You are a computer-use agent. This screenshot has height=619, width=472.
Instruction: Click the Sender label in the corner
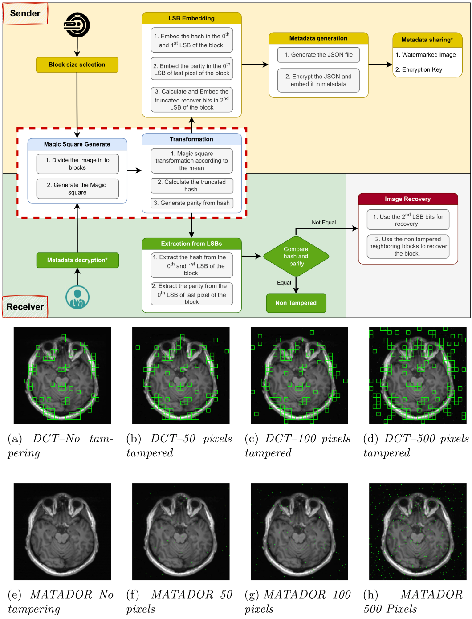[25, 13]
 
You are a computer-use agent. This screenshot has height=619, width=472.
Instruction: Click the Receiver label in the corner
[25, 307]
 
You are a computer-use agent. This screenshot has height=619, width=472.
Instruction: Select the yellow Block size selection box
[77, 65]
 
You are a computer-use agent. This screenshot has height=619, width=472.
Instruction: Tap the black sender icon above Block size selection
[77, 25]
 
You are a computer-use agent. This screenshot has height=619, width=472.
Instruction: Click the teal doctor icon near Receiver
[77, 297]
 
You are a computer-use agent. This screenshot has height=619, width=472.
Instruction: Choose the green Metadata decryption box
[77, 260]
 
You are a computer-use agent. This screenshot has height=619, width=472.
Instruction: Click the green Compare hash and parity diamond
[296, 256]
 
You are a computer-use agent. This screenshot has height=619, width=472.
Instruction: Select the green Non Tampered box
[296, 303]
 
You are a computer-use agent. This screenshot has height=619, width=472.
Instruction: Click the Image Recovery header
[407, 199]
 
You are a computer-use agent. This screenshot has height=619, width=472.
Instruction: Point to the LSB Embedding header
[191, 18]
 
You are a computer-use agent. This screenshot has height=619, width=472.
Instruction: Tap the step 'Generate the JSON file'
[318, 55]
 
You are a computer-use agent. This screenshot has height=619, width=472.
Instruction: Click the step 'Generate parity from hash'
[191, 203]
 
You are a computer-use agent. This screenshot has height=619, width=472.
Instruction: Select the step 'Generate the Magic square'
[77, 189]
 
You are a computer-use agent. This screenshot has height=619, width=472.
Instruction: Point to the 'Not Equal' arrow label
[324, 223]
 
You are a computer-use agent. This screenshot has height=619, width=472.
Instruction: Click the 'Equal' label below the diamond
[284, 283]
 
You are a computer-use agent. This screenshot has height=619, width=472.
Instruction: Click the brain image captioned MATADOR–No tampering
[62, 531]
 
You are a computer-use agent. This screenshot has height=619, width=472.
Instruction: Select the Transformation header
[191, 139]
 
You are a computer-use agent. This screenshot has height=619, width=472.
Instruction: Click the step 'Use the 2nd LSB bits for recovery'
[408, 220]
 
